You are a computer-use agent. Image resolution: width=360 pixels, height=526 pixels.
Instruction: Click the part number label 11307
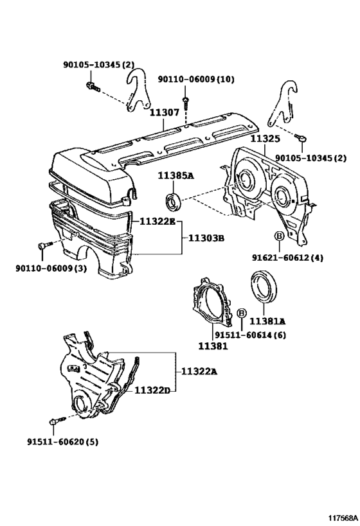(x=165, y=112)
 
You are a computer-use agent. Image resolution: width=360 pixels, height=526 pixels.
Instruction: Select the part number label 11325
(x=264, y=138)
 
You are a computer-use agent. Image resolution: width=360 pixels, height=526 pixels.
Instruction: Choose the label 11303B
(x=206, y=238)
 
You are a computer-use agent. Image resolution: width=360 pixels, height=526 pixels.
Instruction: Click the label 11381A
(x=267, y=320)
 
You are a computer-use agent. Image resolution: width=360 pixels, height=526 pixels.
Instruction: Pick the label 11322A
(x=199, y=371)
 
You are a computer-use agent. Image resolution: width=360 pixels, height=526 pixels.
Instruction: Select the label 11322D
(x=152, y=389)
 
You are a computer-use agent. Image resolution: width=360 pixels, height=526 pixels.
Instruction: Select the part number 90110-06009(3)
(x=46, y=268)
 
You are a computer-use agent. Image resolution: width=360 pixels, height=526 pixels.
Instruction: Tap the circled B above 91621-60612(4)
(x=279, y=237)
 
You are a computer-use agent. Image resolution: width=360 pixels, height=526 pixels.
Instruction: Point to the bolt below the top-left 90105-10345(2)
(x=91, y=85)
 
